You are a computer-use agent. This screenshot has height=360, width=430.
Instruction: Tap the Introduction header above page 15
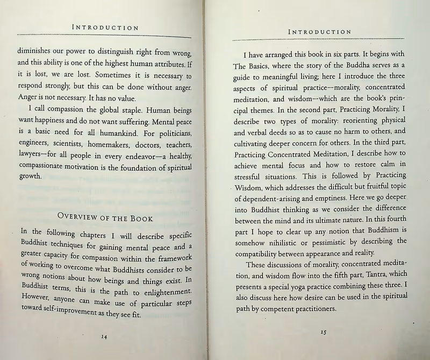[319, 32]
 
